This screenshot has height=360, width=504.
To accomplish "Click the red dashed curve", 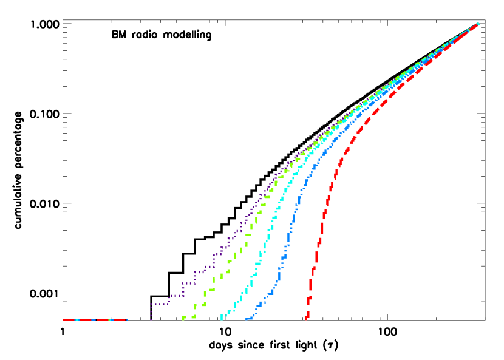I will click(322, 228).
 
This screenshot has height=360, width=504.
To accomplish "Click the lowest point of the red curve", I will click(306, 318).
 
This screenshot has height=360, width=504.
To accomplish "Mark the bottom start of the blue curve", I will click(248, 319).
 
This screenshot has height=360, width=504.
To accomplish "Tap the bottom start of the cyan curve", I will click(222, 318).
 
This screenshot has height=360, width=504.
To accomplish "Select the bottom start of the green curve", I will click(183, 318).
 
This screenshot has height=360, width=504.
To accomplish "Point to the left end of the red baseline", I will click(63, 320).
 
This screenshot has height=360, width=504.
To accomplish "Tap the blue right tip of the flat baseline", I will click(126, 320).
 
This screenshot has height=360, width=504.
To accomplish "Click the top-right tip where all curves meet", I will click(478, 24).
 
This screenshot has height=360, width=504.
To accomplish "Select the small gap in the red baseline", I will click(95, 320).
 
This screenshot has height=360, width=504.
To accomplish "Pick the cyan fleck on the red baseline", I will click(77, 320).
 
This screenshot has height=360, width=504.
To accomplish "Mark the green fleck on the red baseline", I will click(109, 320).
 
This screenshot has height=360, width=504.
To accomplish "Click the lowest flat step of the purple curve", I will click(159, 304).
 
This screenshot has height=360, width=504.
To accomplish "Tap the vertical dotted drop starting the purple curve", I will click(151, 311).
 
